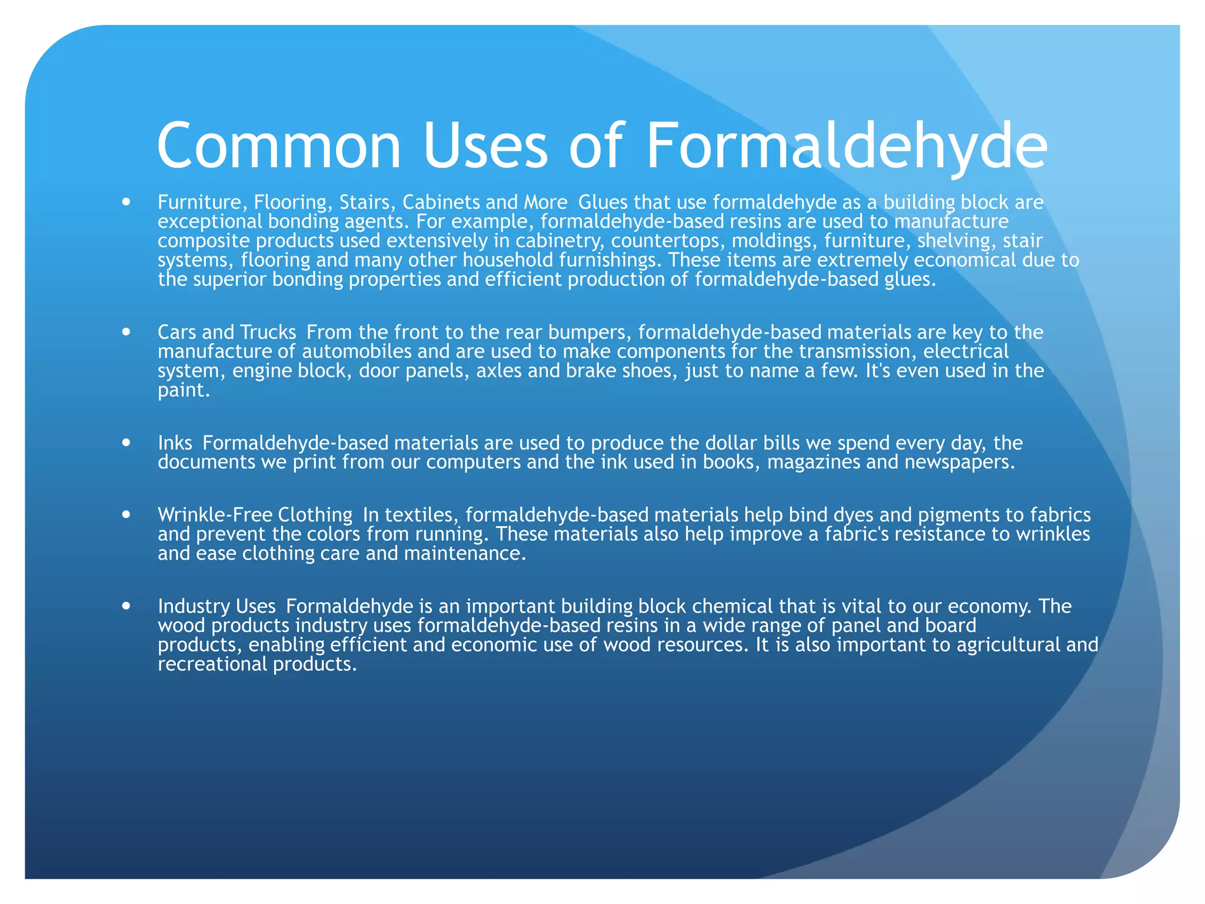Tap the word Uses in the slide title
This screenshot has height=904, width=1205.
(x=485, y=146)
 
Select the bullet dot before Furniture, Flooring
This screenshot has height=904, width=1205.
(x=126, y=202)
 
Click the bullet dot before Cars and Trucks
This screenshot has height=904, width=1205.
(x=126, y=332)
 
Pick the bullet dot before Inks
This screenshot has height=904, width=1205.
(x=126, y=442)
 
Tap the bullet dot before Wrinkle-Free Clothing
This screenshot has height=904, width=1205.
(x=126, y=514)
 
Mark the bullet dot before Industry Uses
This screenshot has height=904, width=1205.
(x=126, y=606)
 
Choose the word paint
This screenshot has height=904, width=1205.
(x=183, y=390)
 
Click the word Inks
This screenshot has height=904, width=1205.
(x=175, y=443)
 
